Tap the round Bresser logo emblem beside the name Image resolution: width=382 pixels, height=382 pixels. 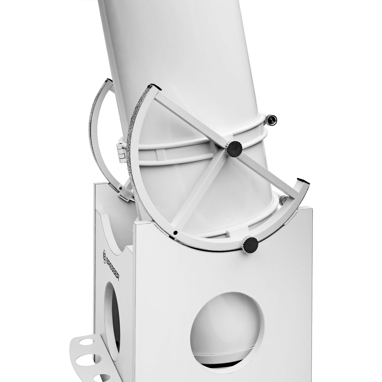click(106, 254)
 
